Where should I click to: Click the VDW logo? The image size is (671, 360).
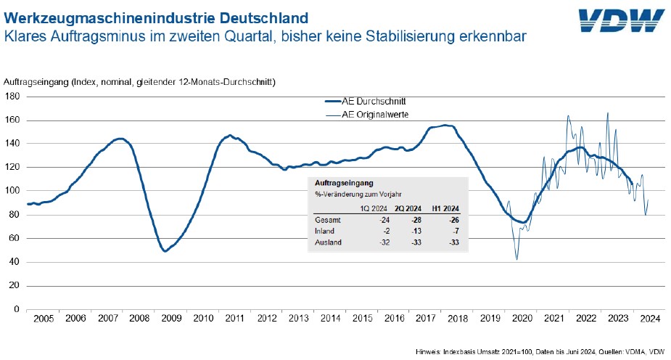[622, 22]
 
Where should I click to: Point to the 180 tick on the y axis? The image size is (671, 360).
[13, 96]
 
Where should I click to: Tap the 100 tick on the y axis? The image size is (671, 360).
[13, 190]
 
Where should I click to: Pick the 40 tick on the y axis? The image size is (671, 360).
[16, 261]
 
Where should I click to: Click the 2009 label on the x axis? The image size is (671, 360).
[171, 319]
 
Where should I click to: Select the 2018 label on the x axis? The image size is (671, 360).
[457, 319]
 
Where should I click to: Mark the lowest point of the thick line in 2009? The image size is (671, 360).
[165, 251]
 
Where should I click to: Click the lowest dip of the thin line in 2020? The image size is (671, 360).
[517, 260]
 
